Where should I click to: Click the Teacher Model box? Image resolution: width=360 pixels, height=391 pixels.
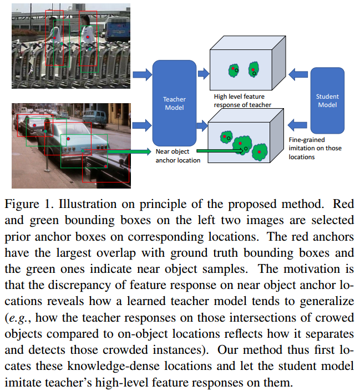[x=174, y=103]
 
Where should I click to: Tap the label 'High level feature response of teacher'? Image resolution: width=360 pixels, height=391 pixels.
[x=242, y=100]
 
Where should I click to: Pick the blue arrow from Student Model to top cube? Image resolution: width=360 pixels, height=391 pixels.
[x=298, y=72]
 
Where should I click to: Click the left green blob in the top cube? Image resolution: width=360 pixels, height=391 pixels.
[x=234, y=70]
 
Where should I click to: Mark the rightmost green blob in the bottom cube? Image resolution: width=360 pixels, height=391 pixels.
[x=260, y=150]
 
